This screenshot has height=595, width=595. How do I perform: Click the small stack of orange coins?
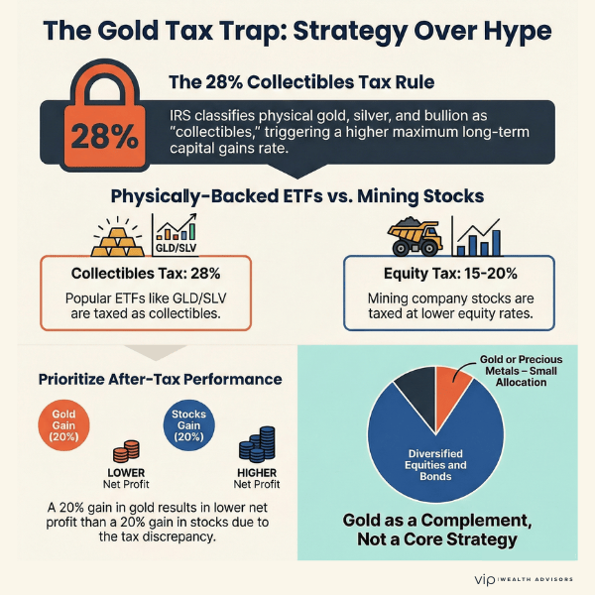coord(126,451)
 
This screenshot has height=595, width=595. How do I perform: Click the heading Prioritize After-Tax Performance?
coord(160,379)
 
